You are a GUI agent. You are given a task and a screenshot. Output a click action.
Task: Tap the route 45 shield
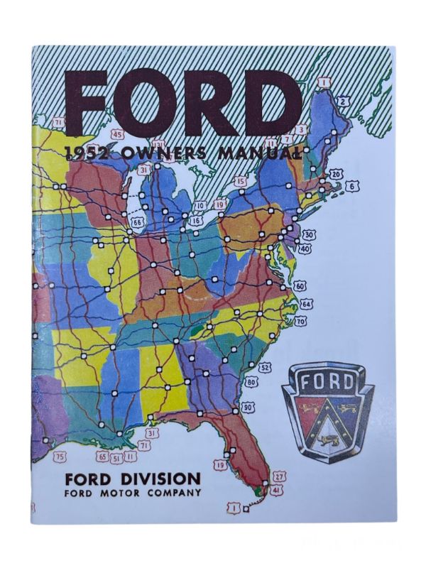coord(118,134)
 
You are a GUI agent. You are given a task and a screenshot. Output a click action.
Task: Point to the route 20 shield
coord(337,173)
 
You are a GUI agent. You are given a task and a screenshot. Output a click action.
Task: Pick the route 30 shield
coord(307,234)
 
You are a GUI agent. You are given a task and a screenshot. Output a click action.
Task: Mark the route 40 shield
coord(305,248)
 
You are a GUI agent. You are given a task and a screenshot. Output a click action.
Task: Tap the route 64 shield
coord(305,304)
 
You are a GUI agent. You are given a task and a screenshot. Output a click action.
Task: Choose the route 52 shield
coord(265,367)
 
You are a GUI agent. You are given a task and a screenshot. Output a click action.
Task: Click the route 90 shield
coord(247,408)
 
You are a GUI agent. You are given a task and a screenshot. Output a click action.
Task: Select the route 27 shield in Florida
coord(279,476)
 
